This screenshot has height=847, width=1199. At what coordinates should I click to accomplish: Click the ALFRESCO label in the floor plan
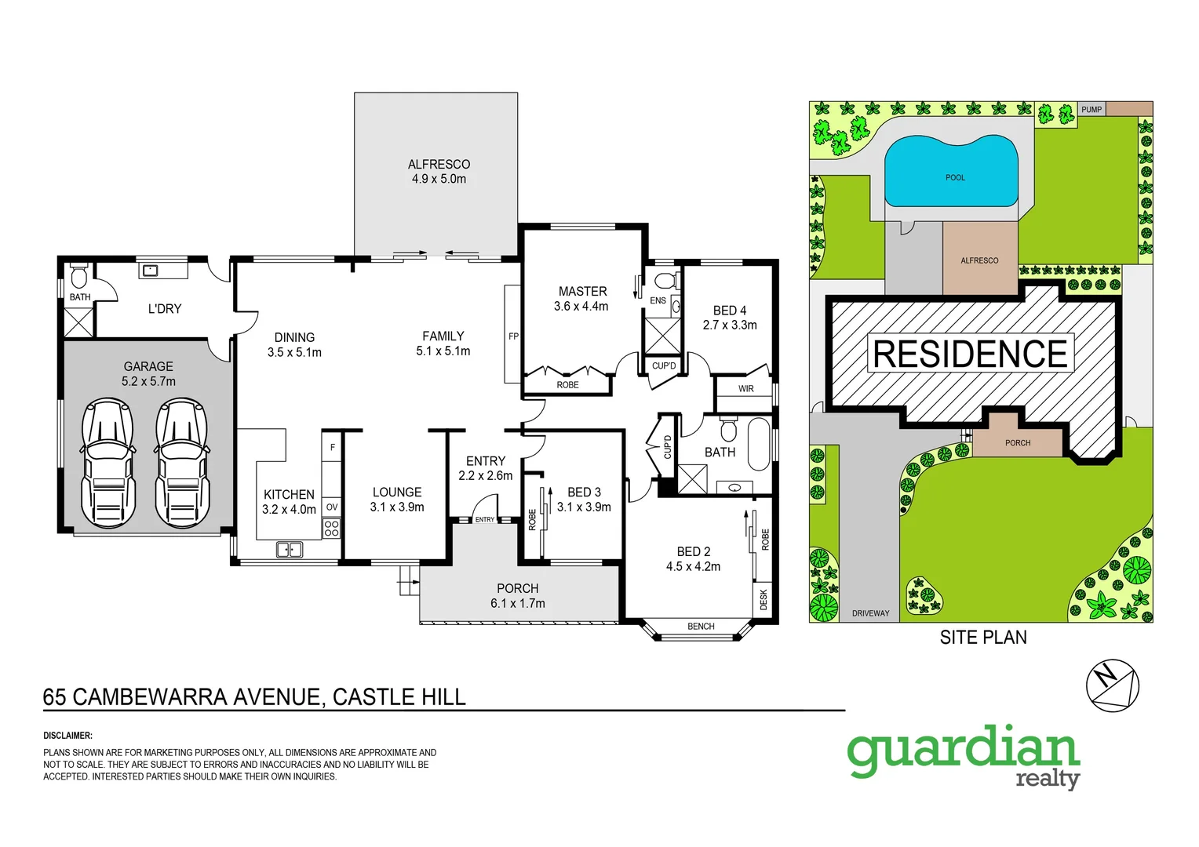(x=439, y=165)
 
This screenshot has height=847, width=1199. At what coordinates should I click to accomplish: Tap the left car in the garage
(x=108, y=463)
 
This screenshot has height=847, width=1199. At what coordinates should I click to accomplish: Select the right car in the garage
(x=182, y=463)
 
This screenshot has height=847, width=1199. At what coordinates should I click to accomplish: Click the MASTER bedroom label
(x=582, y=292)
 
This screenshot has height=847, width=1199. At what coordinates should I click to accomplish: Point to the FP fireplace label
(x=513, y=336)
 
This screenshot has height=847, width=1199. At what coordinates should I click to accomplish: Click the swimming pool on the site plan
(x=951, y=172)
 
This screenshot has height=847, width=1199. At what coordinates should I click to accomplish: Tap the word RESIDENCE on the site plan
(x=970, y=354)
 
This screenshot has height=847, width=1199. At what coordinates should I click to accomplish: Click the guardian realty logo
(x=964, y=754)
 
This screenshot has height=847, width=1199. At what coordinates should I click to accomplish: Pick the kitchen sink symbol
(x=290, y=550)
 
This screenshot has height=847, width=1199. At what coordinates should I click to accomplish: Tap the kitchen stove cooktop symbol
(x=332, y=528)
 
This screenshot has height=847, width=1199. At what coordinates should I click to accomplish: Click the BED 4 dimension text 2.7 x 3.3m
(x=730, y=325)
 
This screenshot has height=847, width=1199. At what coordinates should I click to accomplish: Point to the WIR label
(x=745, y=389)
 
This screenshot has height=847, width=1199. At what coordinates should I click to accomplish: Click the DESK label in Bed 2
(x=763, y=600)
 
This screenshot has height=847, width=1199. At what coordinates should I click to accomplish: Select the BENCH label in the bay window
(x=701, y=627)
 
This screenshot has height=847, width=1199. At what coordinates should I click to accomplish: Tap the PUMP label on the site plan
(x=1091, y=110)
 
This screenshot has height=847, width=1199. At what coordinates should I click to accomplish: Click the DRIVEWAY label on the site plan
(x=871, y=613)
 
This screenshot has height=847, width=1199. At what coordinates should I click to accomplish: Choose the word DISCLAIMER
(x=67, y=736)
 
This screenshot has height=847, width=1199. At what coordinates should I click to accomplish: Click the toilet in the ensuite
(x=665, y=281)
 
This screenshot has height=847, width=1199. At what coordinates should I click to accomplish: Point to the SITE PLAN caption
(x=983, y=638)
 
